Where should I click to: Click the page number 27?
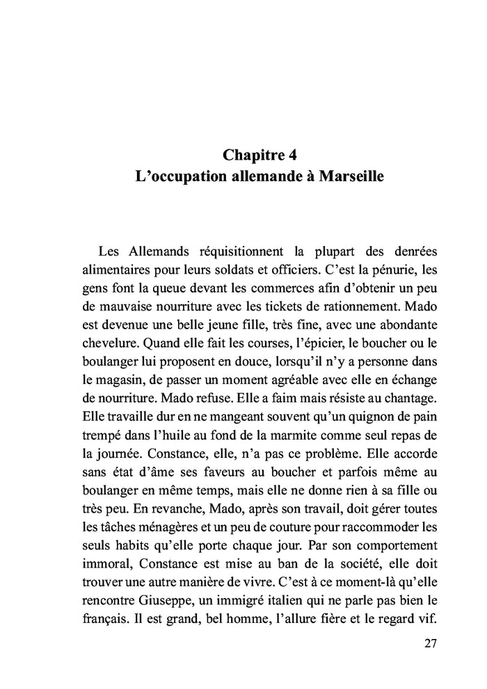pos(429,643)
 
